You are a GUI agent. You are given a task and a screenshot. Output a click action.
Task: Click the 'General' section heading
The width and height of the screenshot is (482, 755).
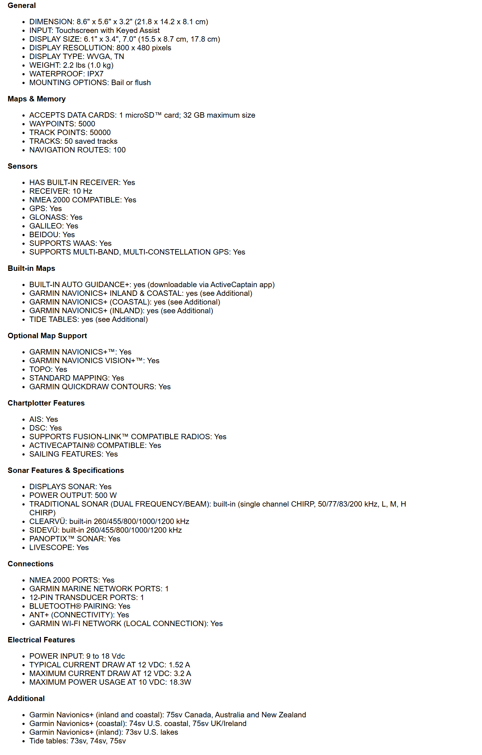[22, 5]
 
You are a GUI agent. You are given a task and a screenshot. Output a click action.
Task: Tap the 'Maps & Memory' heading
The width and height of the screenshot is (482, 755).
[37, 99]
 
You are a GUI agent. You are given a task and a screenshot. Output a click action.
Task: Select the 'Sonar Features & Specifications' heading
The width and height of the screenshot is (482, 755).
[65, 470]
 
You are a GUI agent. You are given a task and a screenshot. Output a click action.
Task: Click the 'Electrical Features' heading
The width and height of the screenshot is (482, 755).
[41, 640]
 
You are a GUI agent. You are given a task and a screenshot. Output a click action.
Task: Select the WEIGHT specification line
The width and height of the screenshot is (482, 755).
[71, 65]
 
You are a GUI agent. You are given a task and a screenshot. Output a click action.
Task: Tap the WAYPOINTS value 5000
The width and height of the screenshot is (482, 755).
[86, 124]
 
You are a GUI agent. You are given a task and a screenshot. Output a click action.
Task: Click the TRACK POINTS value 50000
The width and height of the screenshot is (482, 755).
[100, 133]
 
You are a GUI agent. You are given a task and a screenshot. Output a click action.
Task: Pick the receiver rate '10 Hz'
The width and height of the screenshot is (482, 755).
[82, 191]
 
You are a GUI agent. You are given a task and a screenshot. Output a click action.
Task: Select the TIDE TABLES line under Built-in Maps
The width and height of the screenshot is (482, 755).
[88, 319]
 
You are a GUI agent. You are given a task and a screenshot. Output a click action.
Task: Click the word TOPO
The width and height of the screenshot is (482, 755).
[41, 369]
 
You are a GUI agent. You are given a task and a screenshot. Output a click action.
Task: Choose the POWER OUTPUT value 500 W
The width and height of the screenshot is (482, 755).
[106, 495]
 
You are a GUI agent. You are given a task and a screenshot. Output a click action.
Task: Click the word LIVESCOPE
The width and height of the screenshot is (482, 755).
[51, 548]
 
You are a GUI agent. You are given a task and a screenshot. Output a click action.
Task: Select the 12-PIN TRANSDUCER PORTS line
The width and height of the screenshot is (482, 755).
[86, 597]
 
